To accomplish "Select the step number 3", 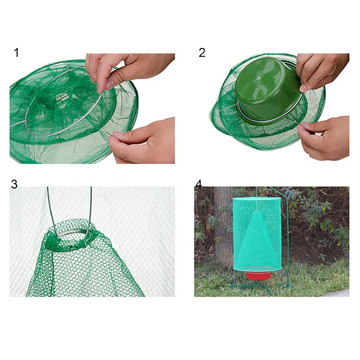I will tap(15, 182).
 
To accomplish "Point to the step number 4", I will tap(199, 182).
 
